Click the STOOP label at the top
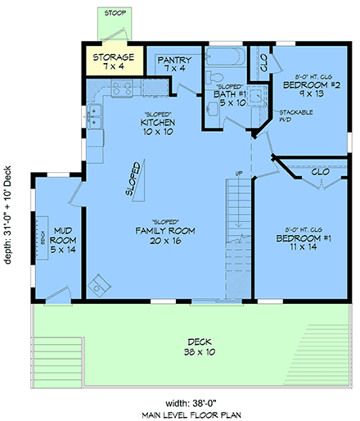tap(113, 12)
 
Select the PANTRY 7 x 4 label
tap(176, 64)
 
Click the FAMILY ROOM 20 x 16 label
tap(164, 235)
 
